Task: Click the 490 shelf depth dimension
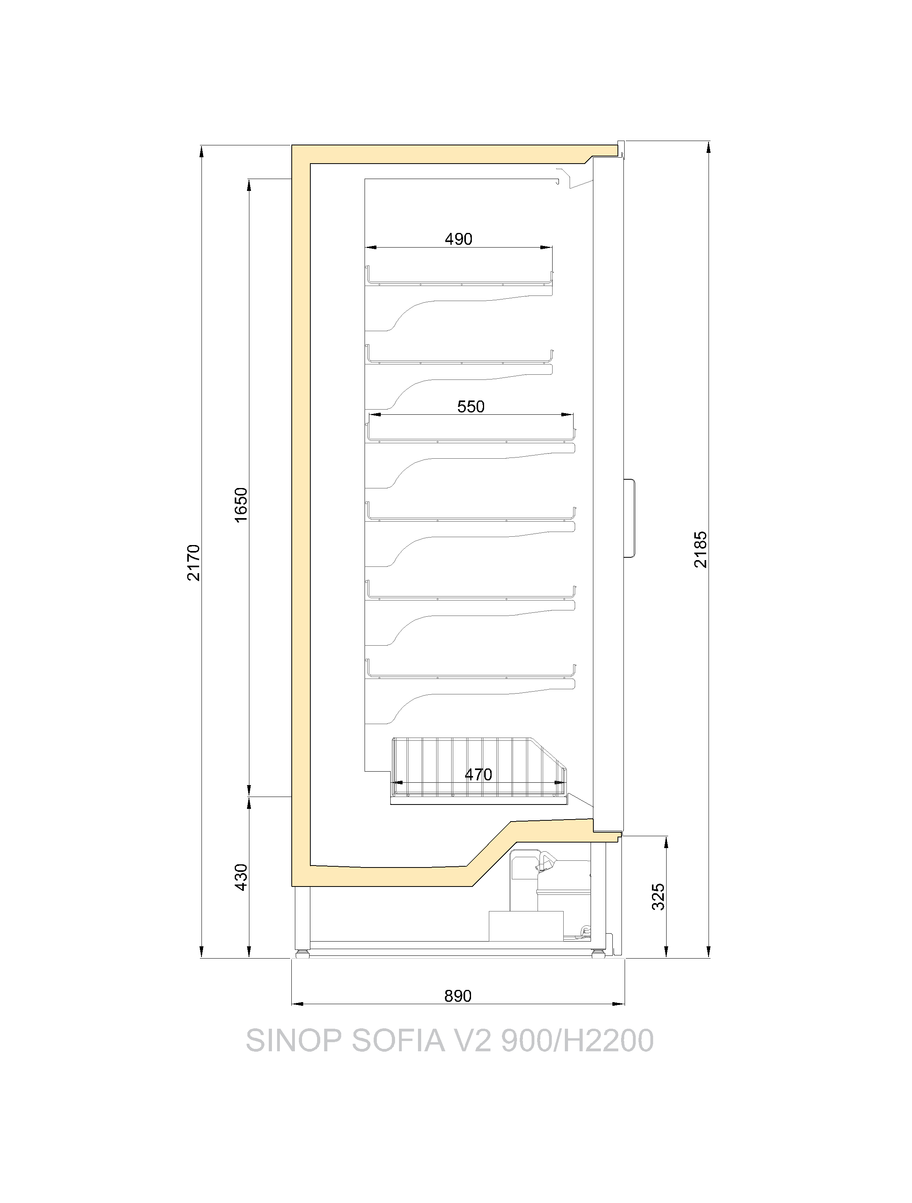(x=458, y=239)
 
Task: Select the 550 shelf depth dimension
(x=471, y=406)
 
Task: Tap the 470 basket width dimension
(x=478, y=774)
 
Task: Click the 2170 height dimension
(x=194, y=562)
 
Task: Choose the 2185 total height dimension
(x=701, y=549)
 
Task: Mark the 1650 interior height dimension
(x=241, y=505)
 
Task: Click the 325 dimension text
(x=658, y=897)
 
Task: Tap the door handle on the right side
(x=630, y=518)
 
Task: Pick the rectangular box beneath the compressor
(x=526, y=926)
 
